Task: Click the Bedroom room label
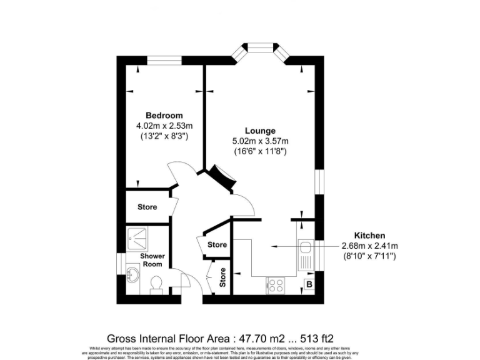pos(164,116)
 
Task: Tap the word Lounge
pos(260,131)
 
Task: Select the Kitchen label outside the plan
pos(371,235)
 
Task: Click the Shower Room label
pos(152,260)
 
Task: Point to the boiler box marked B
pos(308,285)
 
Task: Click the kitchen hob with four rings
pos(276,285)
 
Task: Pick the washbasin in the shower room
pos(132,274)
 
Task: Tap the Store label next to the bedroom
pos(147,207)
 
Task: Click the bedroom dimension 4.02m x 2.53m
pos(164,126)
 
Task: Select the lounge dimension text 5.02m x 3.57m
pos(260,141)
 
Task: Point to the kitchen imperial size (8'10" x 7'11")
pos(370,256)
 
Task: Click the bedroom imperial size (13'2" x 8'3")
pos(164,136)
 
